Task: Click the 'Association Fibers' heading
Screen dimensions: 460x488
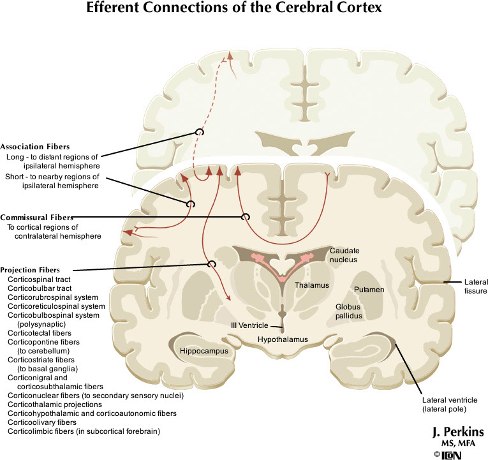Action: pyautogui.click(x=35, y=146)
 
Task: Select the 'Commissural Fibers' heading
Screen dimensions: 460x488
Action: pyautogui.click(x=36, y=217)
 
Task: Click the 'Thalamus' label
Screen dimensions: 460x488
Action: pyautogui.click(x=312, y=285)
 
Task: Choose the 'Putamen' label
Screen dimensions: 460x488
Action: pyautogui.click(x=369, y=290)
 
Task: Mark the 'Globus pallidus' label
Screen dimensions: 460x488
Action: pyautogui.click(x=349, y=311)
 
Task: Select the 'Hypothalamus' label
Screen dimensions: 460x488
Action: pyautogui.click(x=283, y=339)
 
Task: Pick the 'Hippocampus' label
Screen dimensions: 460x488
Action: pyautogui.click(x=202, y=351)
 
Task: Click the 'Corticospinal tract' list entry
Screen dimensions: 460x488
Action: pyautogui.click(x=39, y=279)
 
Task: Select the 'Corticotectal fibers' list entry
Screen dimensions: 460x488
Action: pyautogui.click(x=40, y=333)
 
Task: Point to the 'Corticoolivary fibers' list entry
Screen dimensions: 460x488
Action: pyautogui.click(x=42, y=422)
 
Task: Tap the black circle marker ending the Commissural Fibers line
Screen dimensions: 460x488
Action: pyautogui.click(x=245, y=217)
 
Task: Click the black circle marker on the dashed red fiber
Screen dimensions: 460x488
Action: pyautogui.click(x=200, y=131)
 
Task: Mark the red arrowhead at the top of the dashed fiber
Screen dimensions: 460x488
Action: pyautogui.click(x=224, y=58)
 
